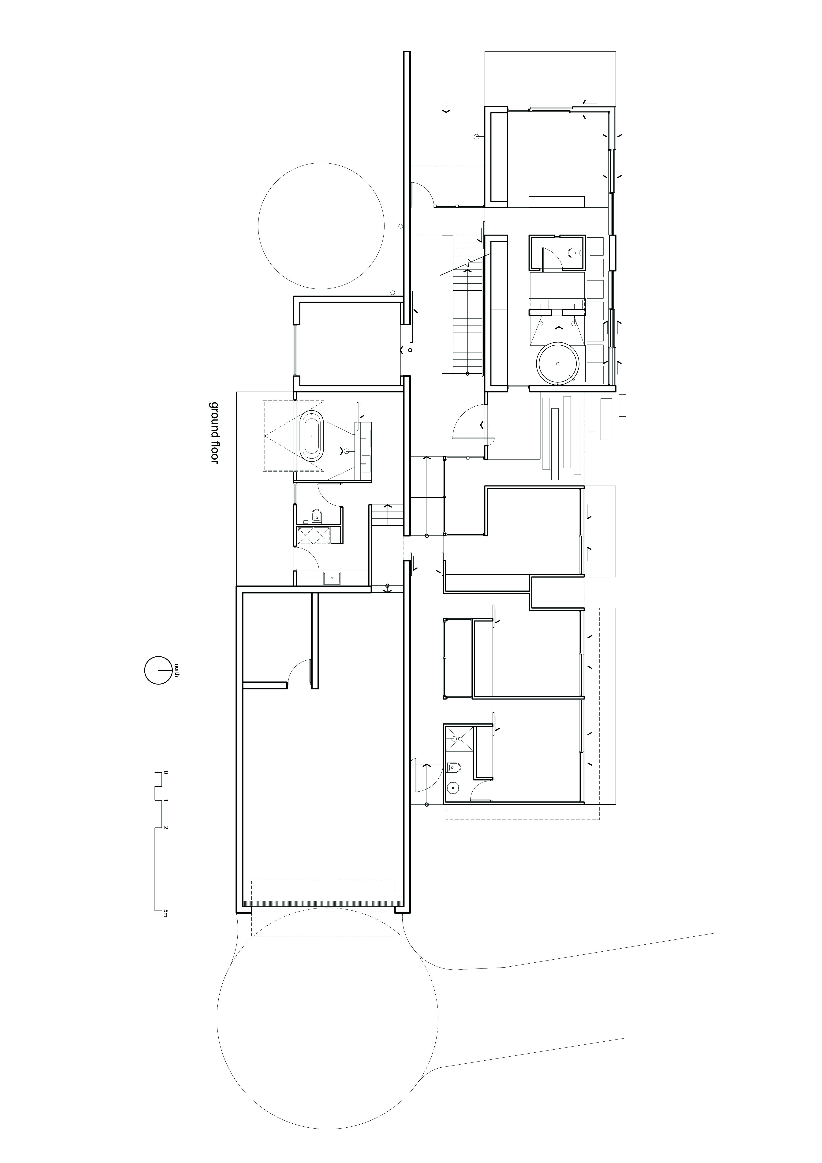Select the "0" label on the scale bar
165,774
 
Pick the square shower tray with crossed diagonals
460,739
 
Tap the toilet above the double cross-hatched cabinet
316,516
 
